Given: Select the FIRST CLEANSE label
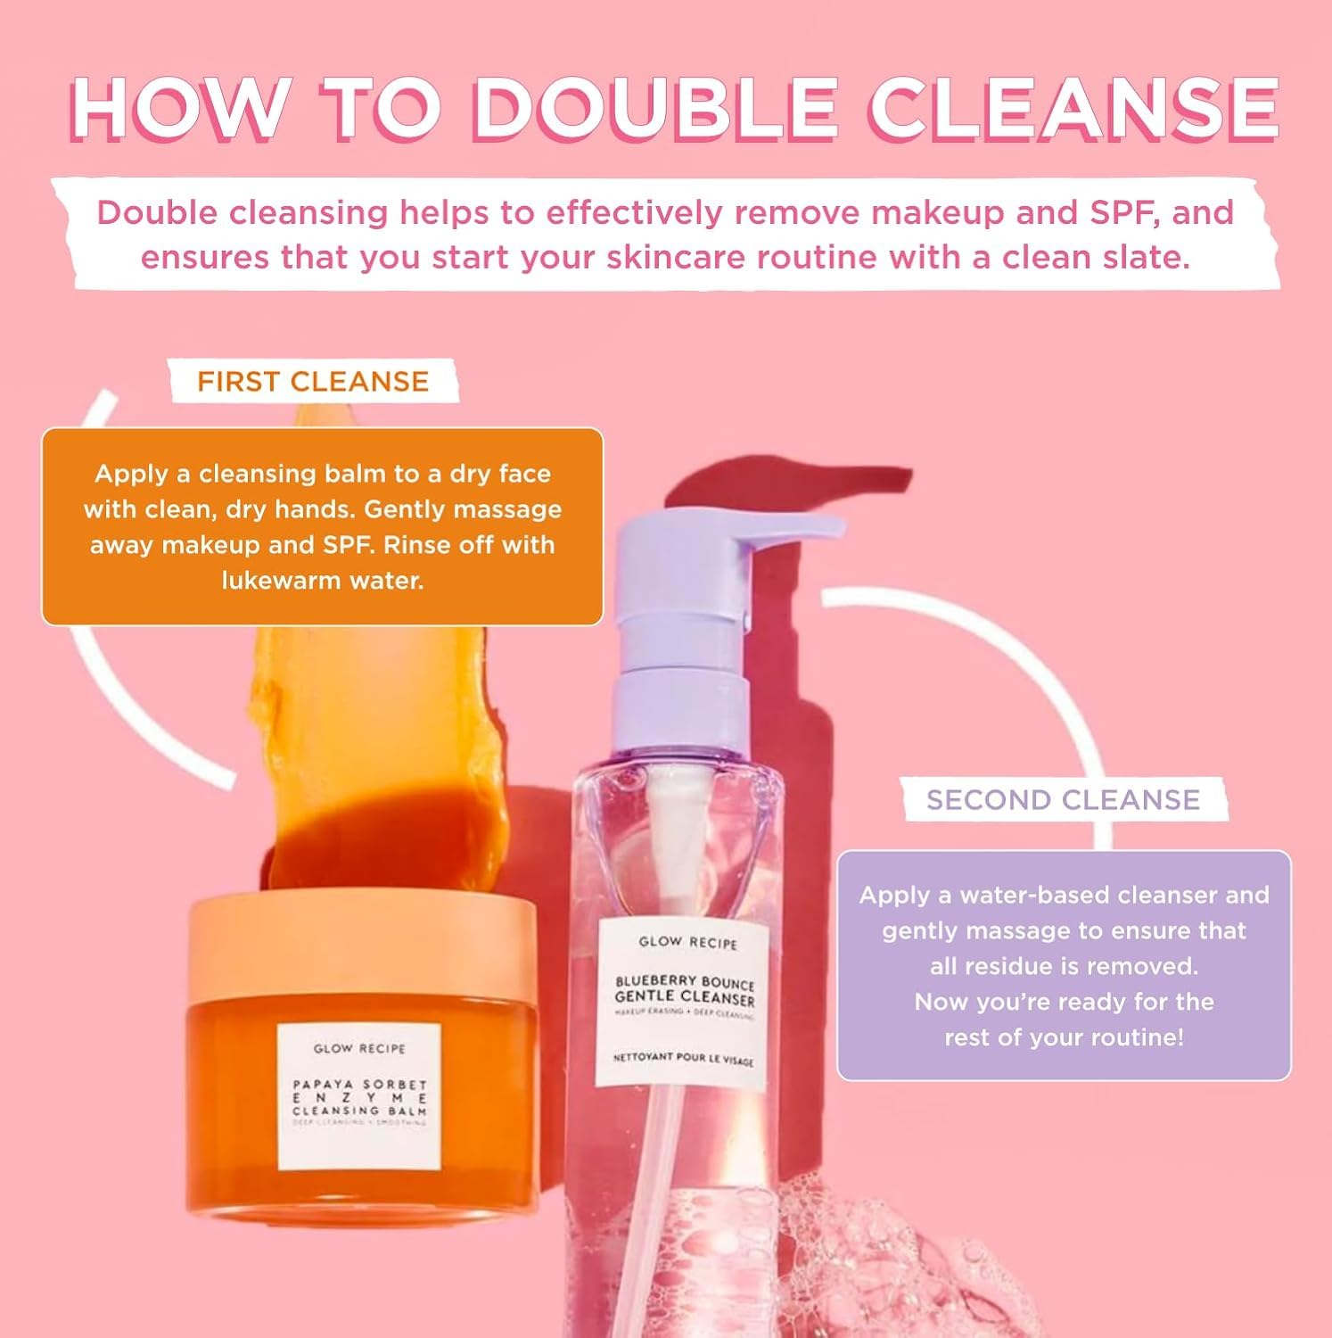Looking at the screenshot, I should point(313,382).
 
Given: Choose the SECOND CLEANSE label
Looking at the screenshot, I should point(1063,800).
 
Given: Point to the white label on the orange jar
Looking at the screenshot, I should point(359,1096).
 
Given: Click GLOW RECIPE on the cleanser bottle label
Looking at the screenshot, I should point(688,942).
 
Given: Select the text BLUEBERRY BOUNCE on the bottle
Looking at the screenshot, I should point(685,981).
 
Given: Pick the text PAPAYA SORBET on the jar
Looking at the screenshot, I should point(360,1085).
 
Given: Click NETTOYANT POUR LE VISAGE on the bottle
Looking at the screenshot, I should point(683,1059).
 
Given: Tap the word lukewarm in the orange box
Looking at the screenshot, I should point(275,581).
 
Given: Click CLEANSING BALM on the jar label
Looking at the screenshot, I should point(360,1111).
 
